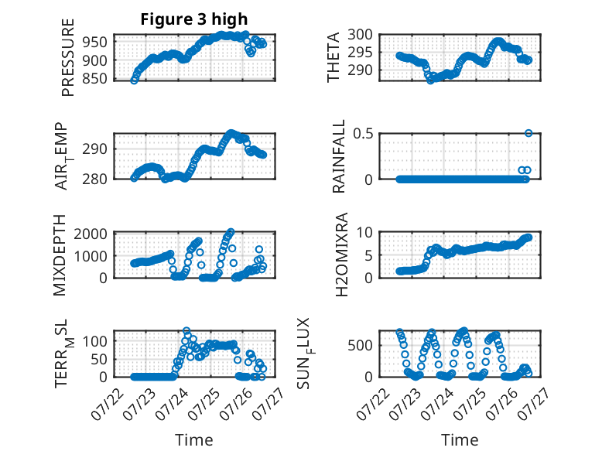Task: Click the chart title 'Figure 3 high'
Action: tap(194, 19)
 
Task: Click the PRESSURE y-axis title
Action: tap(67, 57)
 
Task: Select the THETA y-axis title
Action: tap(333, 57)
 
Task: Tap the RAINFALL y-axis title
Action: tap(339, 156)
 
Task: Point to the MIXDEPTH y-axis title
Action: tap(60, 255)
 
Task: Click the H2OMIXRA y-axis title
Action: tap(341, 255)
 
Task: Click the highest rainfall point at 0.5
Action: tap(528, 133)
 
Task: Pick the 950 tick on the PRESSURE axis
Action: tap(95, 43)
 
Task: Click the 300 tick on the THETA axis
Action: tap(360, 35)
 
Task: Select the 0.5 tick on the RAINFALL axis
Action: tap(363, 134)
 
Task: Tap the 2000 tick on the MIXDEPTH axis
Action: tap(91, 234)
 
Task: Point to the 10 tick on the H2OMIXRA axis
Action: tap(364, 232)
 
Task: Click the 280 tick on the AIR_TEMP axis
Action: tap(95, 179)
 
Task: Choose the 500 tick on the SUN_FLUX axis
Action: tap(360, 346)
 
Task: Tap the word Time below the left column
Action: tap(194, 440)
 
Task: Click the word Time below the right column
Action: tap(460, 440)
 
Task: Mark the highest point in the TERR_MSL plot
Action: tap(186, 330)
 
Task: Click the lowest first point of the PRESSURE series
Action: tap(134, 80)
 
